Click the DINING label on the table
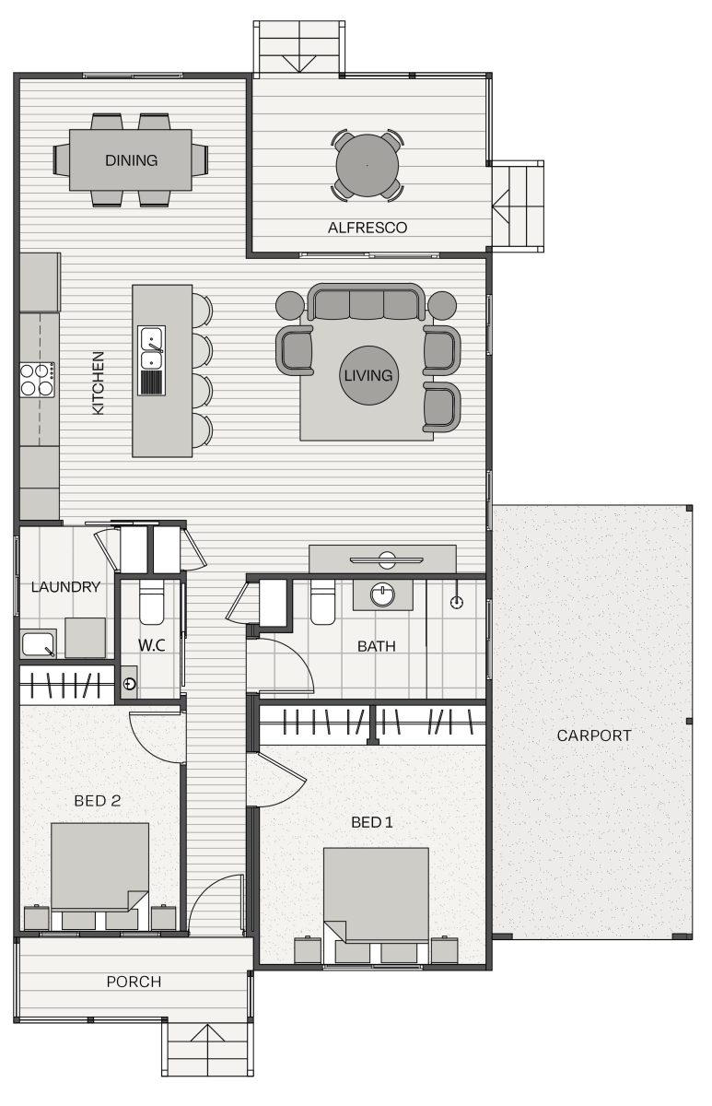[x=131, y=160]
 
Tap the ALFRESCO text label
[x=368, y=228]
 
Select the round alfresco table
[x=368, y=165]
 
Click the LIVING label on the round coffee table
[x=368, y=375]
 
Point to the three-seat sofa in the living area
[x=366, y=302]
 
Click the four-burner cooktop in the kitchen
[x=37, y=379]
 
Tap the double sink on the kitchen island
[x=151, y=348]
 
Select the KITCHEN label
[x=99, y=382]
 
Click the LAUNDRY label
[x=65, y=586]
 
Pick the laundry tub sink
[x=38, y=644]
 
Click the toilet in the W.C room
[x=151, y=602]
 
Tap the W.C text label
[x=151, y=645]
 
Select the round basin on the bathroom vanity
[x=383, y=594]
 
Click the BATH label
[x=377, y=646]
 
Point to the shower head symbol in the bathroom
[x=458, y=602]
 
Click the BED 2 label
[x=98, y=800]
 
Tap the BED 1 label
[x=372, y=822]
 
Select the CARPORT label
[x=594, y=735]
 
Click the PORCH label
[x=134, y=982]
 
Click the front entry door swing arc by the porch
[x=204, y=890]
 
